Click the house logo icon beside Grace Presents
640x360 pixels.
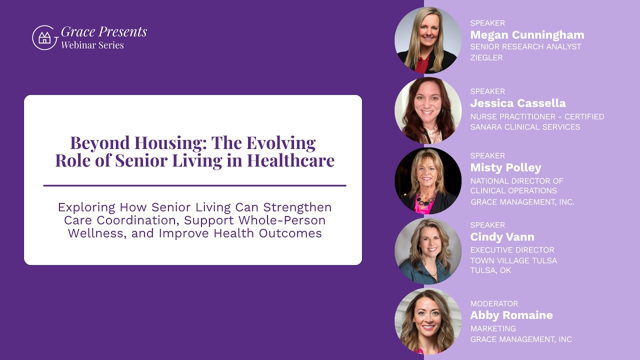[x=44, y=37]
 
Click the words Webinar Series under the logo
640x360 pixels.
[x=92, y=45]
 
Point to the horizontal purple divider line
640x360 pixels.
[x=194, y=185]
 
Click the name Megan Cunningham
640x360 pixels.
[x=527, y=35]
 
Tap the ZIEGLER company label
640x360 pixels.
[x=486, y=57]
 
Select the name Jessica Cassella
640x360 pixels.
[x=517, y=103]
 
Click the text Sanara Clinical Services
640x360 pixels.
[x=525, y=127]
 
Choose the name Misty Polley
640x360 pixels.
[x=505, y=167]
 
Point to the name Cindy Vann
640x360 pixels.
[x=502, y=237]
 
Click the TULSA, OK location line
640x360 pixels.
[x=490, y=270]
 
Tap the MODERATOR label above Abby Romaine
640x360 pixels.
[x=494, y=303]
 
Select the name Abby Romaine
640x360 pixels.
[x=511, y=315]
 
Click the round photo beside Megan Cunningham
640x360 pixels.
[x=427, y=40]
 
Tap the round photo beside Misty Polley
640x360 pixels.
[x=427, y=180]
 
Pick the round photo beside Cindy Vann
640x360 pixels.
[x=427, y=250]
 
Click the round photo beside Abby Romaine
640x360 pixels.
[x=427, y=321]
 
